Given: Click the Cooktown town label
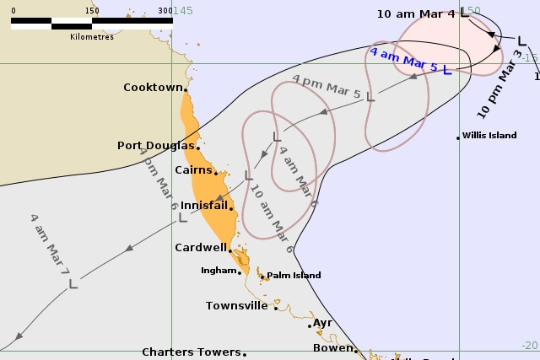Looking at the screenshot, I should tap(153, 88).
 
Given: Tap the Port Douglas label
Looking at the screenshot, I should tap(156, 146).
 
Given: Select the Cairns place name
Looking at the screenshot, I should tap(192, 170).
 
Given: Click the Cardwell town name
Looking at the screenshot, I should tap(200, 248).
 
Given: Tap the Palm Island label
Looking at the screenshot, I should tap(292, 276).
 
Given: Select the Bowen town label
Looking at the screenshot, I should tap(332, 348).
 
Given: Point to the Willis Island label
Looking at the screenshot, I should tap(489, 136).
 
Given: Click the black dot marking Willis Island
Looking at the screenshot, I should tap(458, 137).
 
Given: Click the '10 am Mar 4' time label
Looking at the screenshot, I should tap(416, 13).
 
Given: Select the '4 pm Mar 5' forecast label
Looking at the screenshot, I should tap(327, 88).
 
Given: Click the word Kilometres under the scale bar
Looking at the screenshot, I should tap(92, 37).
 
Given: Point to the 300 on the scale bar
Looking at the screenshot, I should tap(165, 11).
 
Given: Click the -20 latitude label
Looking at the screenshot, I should tap(528, 346).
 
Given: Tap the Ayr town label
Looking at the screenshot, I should tap(322, 323).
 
